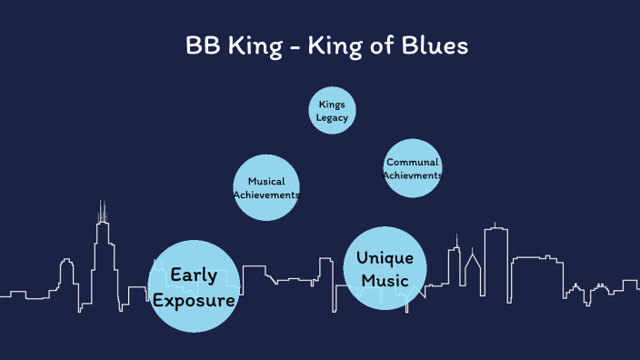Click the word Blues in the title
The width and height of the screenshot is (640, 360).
(436, 45)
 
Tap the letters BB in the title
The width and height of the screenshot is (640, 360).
(202, 45)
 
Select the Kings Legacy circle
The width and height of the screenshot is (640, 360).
(331, 111)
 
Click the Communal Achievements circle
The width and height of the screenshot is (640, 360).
(413, 167)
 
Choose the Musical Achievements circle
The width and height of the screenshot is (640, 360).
(266, 188)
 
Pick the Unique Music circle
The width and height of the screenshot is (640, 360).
(385, 268)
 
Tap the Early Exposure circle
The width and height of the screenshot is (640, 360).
(194, 286)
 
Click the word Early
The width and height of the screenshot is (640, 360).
(194, 275)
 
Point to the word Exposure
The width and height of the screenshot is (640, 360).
(194, 299)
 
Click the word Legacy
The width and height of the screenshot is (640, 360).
(331, 117)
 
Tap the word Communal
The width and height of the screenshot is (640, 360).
(413, 162)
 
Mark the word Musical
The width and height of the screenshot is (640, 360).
(266, 182)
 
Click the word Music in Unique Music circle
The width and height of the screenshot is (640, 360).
(385, 281)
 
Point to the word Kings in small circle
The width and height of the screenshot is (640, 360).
(331, 105)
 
